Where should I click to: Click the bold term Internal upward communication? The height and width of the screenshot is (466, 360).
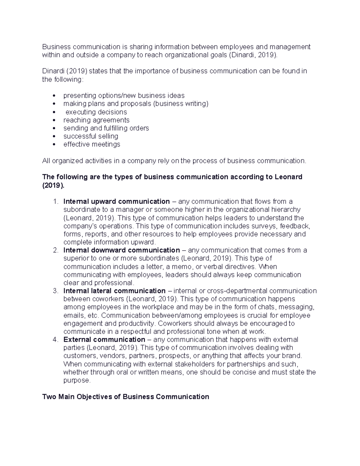[x=116, y=201]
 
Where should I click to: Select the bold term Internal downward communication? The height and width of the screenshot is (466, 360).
[x=121, y=250]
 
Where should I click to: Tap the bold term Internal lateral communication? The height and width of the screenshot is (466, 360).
[x=114, y=291]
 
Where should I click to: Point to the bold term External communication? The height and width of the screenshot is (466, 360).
[x=104, y=340]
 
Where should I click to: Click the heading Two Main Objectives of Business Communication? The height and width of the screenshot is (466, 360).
[x=126, y=397]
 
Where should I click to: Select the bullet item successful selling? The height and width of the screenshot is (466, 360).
[x=91, y=136]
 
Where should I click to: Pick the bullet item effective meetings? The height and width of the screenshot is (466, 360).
[x=91, y=144]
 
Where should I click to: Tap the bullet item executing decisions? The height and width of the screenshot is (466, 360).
[x=96, y=112]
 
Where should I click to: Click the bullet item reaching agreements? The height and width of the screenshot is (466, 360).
[x=96, y=120]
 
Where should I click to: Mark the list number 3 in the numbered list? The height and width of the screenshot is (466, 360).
[x=55, y=291]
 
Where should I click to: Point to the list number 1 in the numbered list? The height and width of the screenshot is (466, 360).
[x=55, y=201]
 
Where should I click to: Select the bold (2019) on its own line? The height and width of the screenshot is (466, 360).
[x=53, y=185]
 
